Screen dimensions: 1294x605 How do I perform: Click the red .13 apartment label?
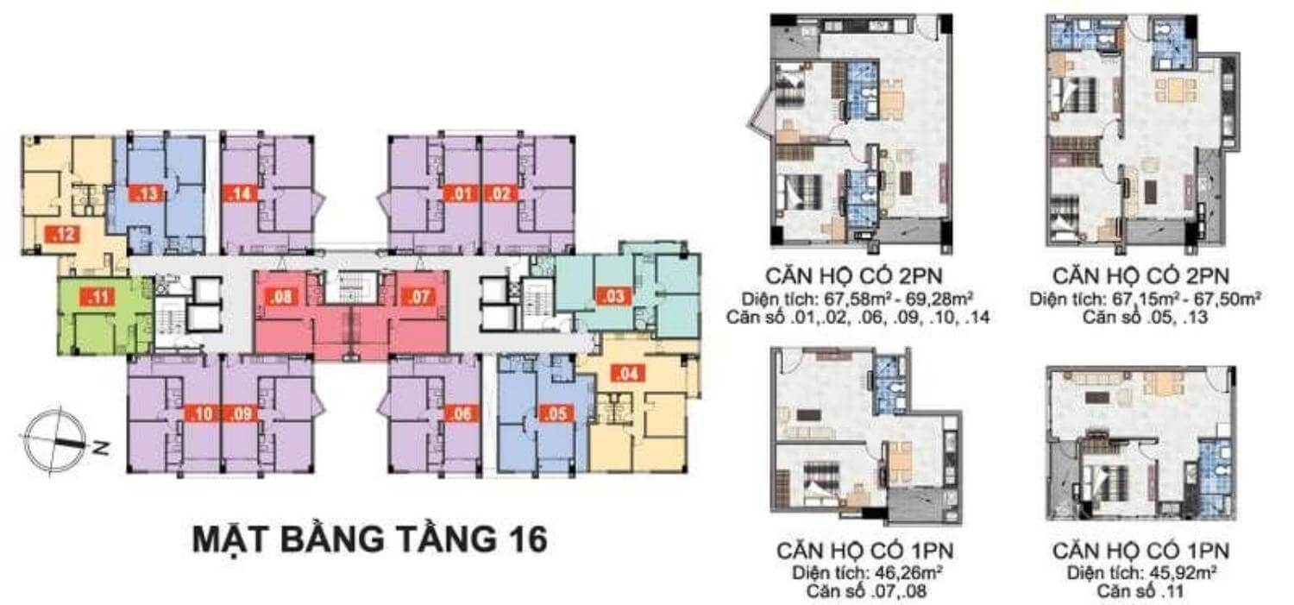click(148, 193)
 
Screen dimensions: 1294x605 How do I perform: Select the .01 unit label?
click(461, 193)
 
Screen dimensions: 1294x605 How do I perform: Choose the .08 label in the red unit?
click(281, 297)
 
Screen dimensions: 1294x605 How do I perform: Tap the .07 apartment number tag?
click(418, 297)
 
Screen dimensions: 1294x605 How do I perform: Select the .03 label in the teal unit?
click(613, 296)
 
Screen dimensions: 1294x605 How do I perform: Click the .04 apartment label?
click(628, 374)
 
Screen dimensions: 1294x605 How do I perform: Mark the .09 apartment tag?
click(242, 413)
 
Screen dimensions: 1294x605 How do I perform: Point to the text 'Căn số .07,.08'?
click(868, 590)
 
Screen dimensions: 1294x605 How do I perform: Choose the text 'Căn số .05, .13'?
click(1145, 318)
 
